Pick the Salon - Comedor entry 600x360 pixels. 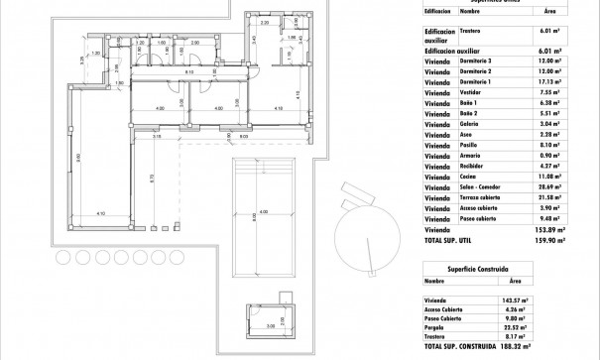point(485,184)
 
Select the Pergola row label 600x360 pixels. point(437,327)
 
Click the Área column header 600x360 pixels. point(551,12)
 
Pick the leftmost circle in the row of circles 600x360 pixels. point(62,257)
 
